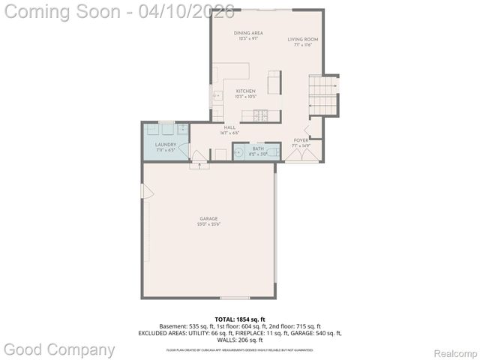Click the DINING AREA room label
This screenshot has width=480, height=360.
pos(248,33)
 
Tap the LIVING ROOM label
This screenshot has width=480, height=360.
pos(303,39)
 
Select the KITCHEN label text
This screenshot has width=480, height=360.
pos(246,91)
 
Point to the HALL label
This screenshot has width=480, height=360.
pos(229,127)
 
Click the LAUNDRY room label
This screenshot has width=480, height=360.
pos(166,144)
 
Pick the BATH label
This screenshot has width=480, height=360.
pos(258,148)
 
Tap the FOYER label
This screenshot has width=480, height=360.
pos(301,140)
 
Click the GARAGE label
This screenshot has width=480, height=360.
pos(208,218)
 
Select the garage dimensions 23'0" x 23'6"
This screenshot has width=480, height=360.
pos(208,224)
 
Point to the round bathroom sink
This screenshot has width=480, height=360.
pos(239,154)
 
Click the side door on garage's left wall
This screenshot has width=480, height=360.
pos(147,193)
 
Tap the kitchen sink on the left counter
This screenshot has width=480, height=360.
pos(217,96)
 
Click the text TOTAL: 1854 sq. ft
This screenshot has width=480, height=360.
pos(240,319)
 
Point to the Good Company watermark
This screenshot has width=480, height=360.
pos(60,349)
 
